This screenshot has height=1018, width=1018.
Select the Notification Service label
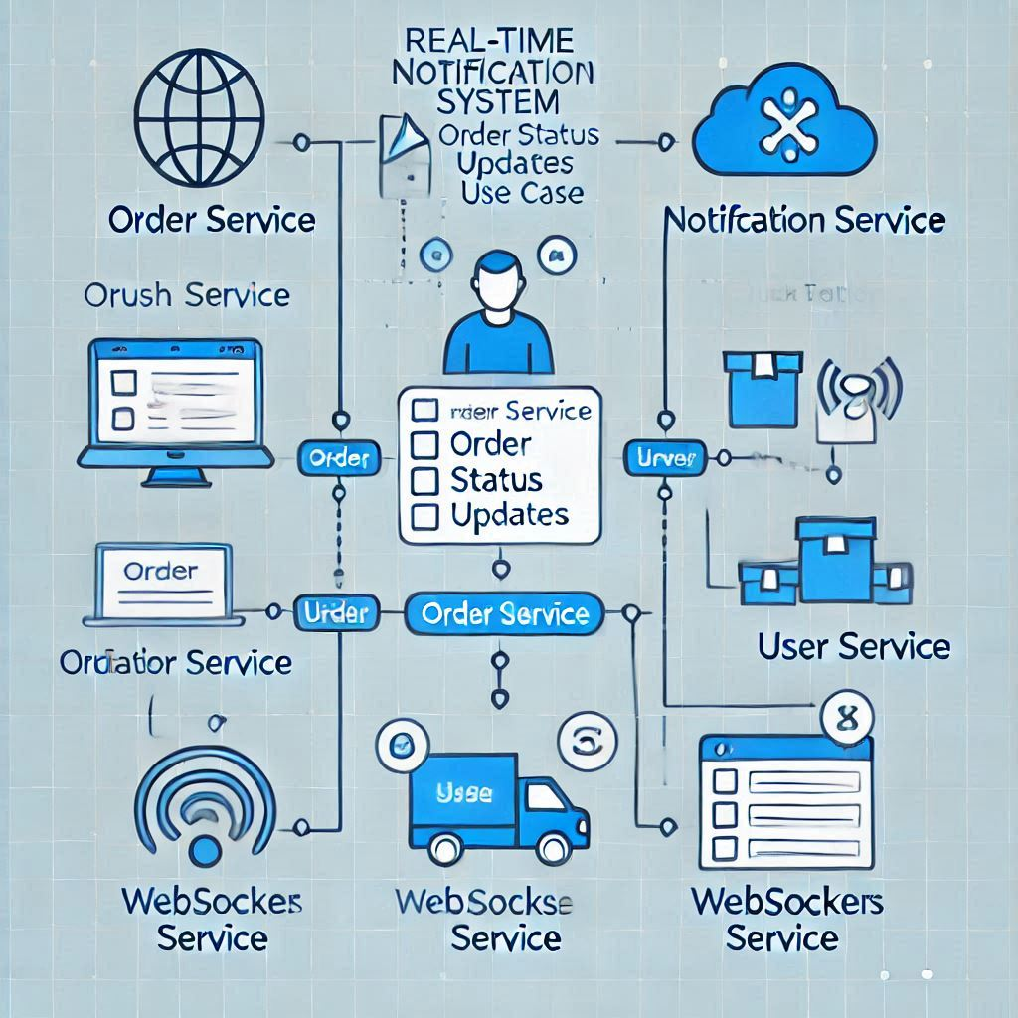click(803, 220)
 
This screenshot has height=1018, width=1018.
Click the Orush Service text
click(187, 294)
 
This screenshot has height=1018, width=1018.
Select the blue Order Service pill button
click(505, 614)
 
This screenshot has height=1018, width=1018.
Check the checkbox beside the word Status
click(424, 481)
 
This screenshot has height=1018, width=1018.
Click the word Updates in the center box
click(509, 515)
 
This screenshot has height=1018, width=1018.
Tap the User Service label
click(853, 647)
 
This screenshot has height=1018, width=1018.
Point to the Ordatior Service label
click(176, 662)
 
